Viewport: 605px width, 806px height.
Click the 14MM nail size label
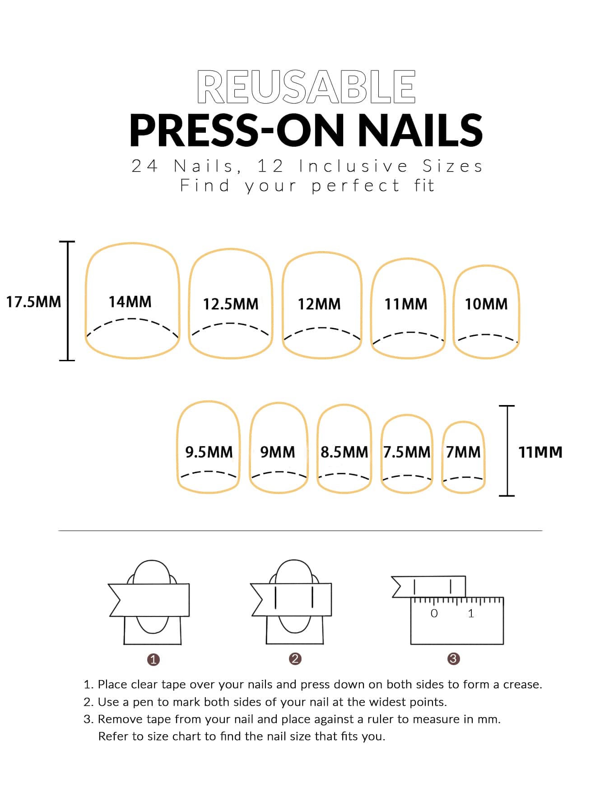(130, 302)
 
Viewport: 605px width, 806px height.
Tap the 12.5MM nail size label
(230, 304)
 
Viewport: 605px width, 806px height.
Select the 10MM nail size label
(486, 304)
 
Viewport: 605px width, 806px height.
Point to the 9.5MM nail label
(209, 452)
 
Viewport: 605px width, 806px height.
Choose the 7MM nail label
(463, 452)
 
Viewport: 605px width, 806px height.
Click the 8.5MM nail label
(344, 452)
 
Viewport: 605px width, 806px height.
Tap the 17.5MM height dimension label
(33, 302)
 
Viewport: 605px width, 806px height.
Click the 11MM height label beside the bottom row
(540, 452)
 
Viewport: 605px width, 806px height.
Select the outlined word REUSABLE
(306, 87)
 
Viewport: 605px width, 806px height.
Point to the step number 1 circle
(154, 660)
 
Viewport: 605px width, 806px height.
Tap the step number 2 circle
(295, 659)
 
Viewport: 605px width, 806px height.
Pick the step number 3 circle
(453, 659)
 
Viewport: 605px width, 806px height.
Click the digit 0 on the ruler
(434, 613)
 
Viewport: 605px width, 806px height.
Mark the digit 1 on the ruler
(471, 613)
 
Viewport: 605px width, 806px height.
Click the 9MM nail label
(278, 452)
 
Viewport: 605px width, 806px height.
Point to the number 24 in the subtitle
(144, 166)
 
